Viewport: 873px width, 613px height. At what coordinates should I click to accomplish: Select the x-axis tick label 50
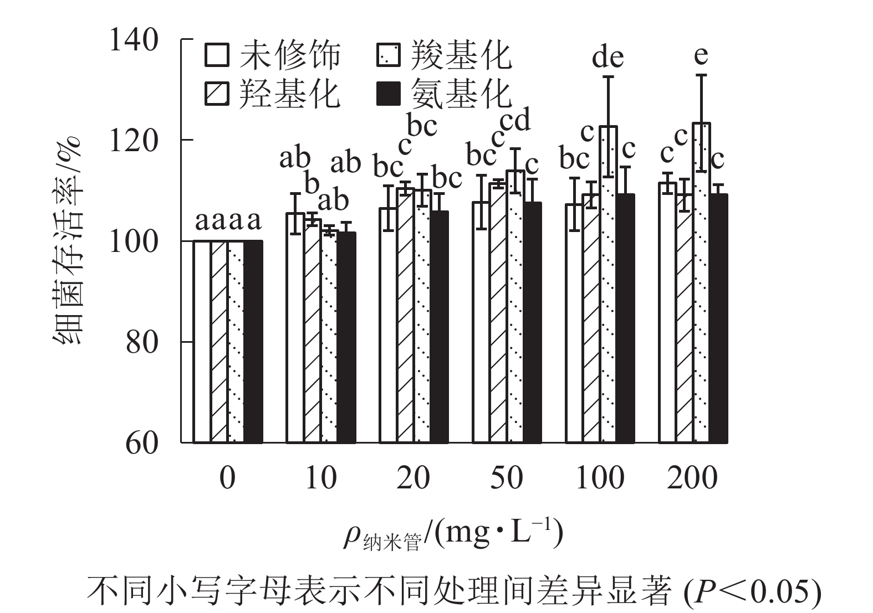(507, 477)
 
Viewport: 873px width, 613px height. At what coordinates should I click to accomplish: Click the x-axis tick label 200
(692, 477)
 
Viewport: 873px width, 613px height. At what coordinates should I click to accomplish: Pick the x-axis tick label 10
(321, 477)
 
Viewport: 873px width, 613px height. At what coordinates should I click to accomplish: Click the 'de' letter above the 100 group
(608, 57)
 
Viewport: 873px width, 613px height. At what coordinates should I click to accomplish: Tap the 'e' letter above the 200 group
(701, 55)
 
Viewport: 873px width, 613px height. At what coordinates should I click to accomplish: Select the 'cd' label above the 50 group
(515, 120)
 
